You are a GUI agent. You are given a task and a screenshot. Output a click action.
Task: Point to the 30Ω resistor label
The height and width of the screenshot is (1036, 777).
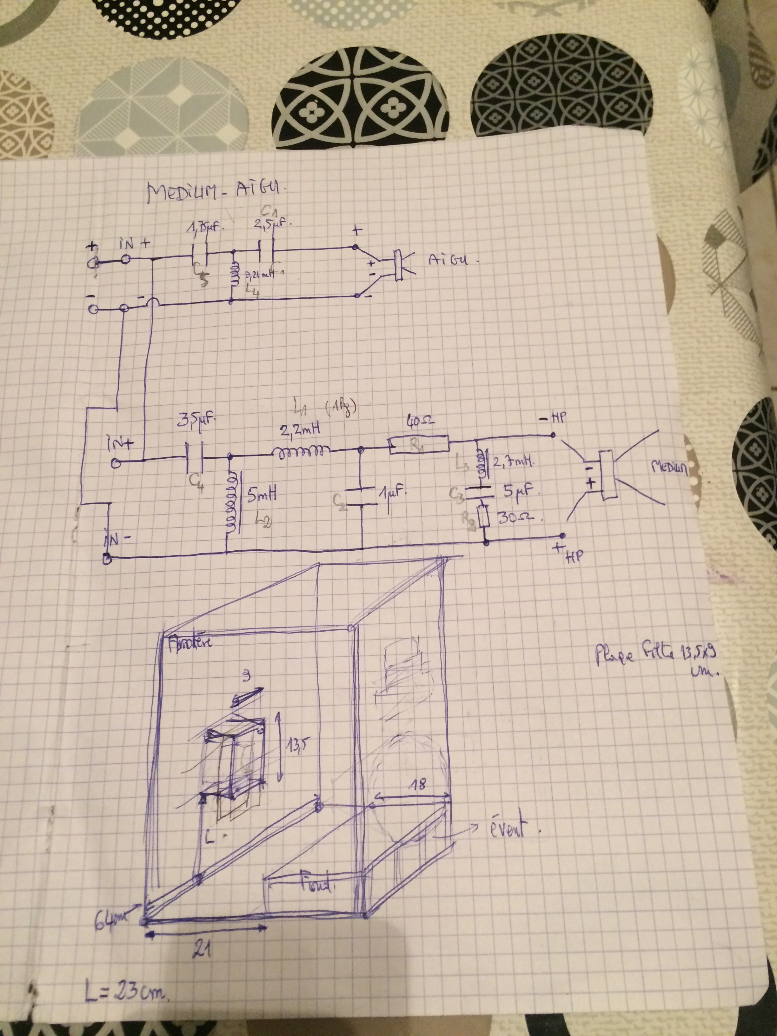pos(519,518)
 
